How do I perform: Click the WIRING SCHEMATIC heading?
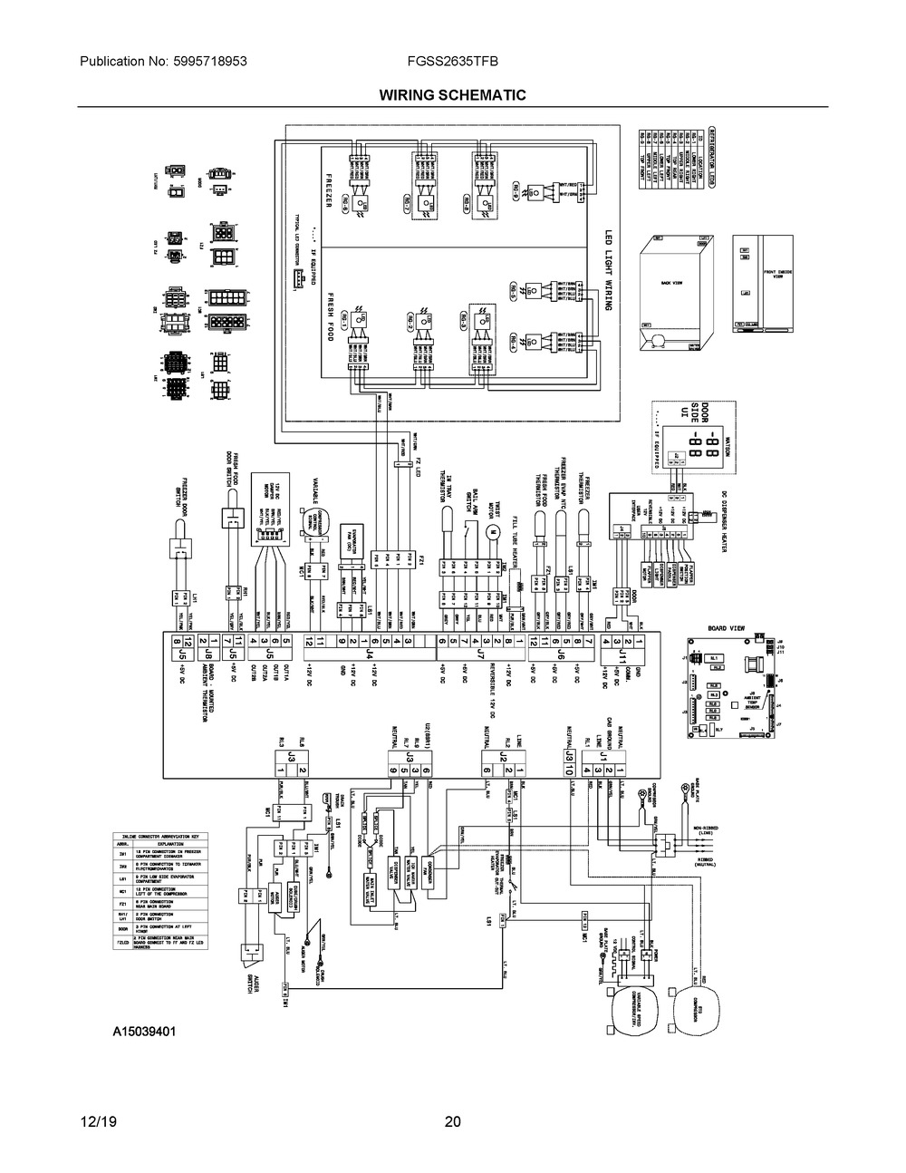pos(452,95)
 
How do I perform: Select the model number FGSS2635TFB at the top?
pos(452,62)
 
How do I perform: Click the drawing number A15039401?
pos(144,1032)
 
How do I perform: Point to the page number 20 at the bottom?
pos(453,1121)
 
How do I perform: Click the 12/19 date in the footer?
pos(97,1121)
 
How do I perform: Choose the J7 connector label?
pos(480,653)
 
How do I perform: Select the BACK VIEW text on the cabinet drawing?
pos(671,284)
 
